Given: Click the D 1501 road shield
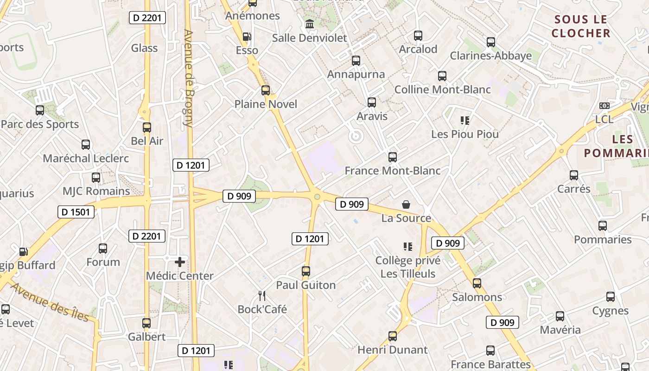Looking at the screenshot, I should [76, 212].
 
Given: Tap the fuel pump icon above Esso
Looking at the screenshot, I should [247, 36].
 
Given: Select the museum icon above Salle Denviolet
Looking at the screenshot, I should [310, 24].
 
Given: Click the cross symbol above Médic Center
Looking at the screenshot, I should [180, 262].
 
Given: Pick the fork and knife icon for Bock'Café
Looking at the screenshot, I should [262, 295].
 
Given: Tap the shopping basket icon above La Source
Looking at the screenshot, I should [406, 204].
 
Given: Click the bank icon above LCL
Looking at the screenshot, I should [604, 106].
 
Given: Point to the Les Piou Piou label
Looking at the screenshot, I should [465, 134].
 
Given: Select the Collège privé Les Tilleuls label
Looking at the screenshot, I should [408, 267].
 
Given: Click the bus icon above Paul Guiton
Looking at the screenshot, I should [306, 271].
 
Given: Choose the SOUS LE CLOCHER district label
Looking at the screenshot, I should [581, 26].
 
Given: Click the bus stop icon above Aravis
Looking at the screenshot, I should [372, 102].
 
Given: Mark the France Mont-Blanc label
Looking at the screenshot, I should [393, 171].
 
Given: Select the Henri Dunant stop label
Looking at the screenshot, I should [393, 350].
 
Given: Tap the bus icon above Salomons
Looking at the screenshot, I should [477, 283].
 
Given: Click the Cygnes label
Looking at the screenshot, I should [611, 311].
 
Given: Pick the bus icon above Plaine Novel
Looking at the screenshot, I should [266, 90].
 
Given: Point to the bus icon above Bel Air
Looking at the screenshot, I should [147, 127].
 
